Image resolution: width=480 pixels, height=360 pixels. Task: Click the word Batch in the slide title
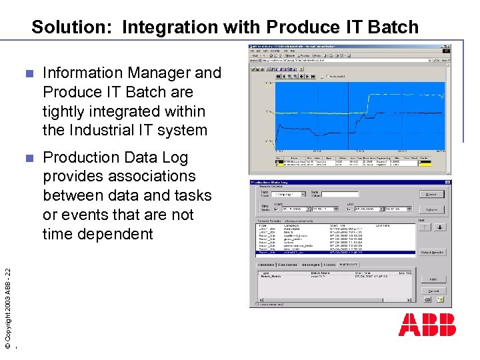point(391,27)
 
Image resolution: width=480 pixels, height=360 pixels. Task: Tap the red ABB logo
point(427,325)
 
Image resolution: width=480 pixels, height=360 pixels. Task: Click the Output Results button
point(432,253)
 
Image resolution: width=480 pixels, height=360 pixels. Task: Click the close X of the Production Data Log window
point(447,181)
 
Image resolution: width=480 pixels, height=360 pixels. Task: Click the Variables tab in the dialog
point(266,265)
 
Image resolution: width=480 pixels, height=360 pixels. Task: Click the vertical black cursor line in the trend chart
point(348,113)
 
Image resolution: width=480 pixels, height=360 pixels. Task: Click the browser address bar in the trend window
point(333,59)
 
